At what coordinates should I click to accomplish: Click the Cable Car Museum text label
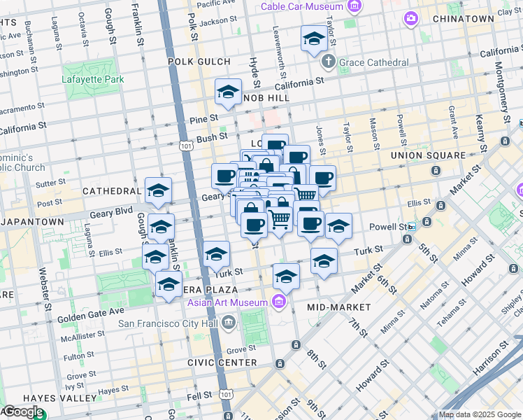pyautogui.click(x=302, y=7)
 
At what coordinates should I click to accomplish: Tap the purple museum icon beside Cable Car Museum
pyautogui.click(x=354, y=7)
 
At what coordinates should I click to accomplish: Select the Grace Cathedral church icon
pyautogui.click(x=329, y=62)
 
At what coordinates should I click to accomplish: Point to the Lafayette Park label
pyautogui.click(x=92, y=79)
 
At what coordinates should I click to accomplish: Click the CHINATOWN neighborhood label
pyautogui.click(x=464, y=18)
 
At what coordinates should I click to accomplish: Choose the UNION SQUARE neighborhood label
pyautogui.click(x=427, y=155)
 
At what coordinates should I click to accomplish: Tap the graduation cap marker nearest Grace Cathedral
pyautogui.click(x=314, y=39)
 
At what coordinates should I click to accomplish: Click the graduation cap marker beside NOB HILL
pyautogui.click(x=228, y=92)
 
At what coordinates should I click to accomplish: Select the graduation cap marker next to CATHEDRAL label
pyautogui.click(x=159, y=190)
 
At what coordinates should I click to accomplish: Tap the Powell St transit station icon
pyautogui.click(x=412, y=227)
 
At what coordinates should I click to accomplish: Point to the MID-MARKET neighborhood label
pyautogui.click(x=338, y=307)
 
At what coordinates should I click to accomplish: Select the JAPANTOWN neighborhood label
pyautogui.click(x=33, y=221)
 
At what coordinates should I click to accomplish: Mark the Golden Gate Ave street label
pyautogui.click(x=93, y=310)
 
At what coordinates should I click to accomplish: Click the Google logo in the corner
pyautogui.click(x=22, y=412)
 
